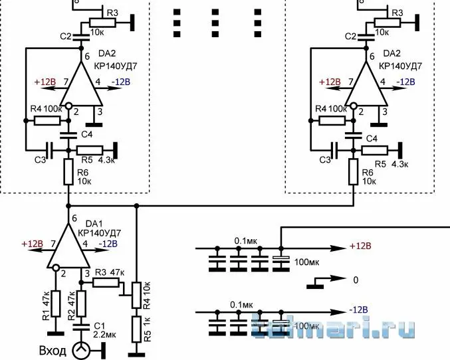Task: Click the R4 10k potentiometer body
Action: click(x=136, y=294)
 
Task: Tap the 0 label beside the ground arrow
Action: click(x=356, y=280)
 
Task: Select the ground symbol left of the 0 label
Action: click(x=314, y=286)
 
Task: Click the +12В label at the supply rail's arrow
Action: click(x=361, y=247)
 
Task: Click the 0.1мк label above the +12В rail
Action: click(x=245, y=240)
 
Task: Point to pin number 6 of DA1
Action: click(x=74, y=218)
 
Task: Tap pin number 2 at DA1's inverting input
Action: click(x=63, y=273)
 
